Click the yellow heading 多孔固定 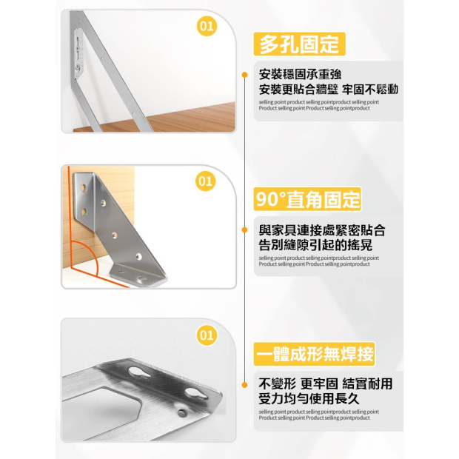(x=299, y=44)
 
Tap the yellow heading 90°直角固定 (x=307, y=199)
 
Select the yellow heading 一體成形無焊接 (x=314, y=354)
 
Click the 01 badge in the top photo (x=207, y=26)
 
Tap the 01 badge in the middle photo (x=206, y=181)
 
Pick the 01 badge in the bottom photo (x=207, y=335)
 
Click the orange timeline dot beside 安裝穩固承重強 (x=245, y=75)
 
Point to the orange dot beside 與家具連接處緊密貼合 (x=245, y=230)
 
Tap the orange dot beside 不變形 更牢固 (x=245, y=385)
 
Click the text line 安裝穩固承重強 (x=300, y=74)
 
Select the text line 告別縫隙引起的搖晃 (x=315, y=245)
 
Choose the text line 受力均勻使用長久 (x=309, y=398)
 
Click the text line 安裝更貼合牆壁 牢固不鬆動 (x=329, y=90)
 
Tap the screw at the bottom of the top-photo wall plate (x=78, y=67)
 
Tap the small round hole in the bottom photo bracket (x=183, y=413)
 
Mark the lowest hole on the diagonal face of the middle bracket (x=138, y=257)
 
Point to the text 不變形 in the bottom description (x=276, y=383)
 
